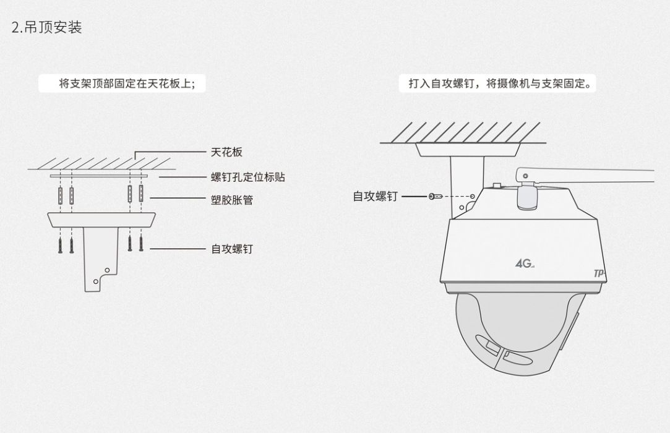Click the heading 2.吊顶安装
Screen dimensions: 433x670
click(47, 28)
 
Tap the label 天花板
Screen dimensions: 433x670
click(226, 152)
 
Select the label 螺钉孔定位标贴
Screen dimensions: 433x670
click(248, 178)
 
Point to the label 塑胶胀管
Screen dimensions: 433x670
click(232, 200)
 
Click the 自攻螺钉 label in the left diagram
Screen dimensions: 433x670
click(232, 249)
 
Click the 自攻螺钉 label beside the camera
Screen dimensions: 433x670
click(375, 196)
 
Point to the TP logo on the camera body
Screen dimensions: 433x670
click(598, 273)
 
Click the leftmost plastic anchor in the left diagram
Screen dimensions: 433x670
click(61, 196)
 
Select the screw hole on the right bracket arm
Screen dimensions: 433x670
click(473, 195)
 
